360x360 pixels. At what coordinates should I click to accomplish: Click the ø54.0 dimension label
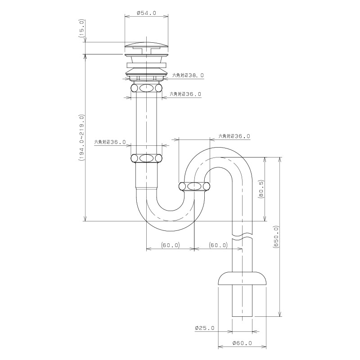tap(146, 13)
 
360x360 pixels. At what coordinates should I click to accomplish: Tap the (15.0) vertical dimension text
tap(82, 28)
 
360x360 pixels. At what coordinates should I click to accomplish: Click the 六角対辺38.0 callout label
tap(188, 75)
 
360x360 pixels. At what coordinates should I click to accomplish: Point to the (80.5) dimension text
tap(262, 189)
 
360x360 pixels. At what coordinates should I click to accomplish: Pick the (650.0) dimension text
tap(276, 237)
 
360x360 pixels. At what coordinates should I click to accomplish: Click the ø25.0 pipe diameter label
tap(205, 328)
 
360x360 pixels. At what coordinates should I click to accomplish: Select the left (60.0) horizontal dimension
tap(171, 245)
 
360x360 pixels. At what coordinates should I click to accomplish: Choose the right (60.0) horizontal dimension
tap(218, 245)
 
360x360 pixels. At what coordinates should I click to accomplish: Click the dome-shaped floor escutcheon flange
tap(242, 278)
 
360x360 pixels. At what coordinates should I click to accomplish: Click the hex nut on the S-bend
tap(194, 186)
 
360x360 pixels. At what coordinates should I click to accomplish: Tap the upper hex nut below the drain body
tap(146, 88)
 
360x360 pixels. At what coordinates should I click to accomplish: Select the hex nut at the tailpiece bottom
tap(146, 158)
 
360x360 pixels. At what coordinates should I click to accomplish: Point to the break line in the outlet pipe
tap(242, 237)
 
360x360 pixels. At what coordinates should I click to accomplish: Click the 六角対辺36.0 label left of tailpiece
tap(110, 142)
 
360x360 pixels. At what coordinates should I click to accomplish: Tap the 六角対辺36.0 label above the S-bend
tap(234, 136)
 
